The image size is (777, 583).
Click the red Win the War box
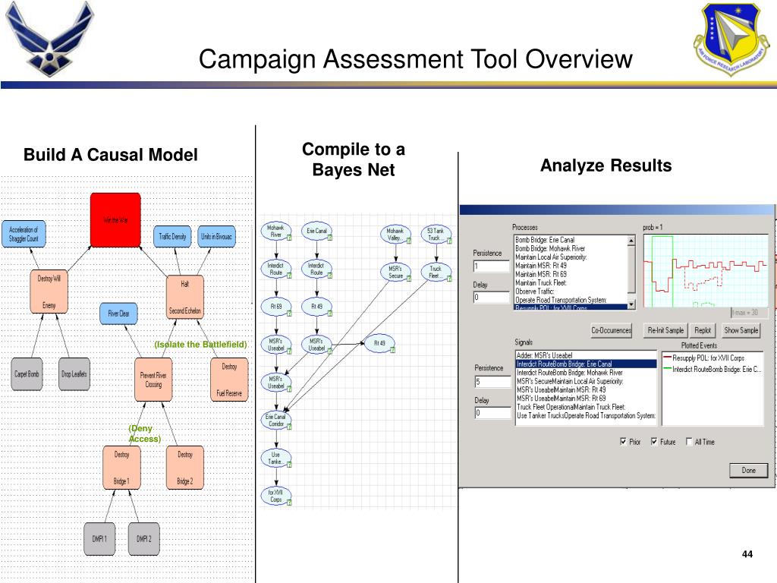point(115,219)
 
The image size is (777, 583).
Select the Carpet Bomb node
point(27,374)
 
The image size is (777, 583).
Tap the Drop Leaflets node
point(74,374)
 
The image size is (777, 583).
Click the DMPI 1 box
point(99,538)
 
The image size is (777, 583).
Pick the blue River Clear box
point(118,313)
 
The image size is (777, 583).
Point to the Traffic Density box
point(173,236)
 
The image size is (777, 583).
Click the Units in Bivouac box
point(217,236)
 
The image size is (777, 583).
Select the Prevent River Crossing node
point(153,380)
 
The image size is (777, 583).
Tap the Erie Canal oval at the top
point(317,231)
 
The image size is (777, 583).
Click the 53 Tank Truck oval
point(436,234)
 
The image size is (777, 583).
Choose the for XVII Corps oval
point(275,496)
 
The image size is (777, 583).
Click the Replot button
point(703,331)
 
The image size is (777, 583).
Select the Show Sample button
point(741,331)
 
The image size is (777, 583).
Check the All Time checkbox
point(689,442)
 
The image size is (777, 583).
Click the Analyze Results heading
point(606,165)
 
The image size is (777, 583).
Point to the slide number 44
point(747,553)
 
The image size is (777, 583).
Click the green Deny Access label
point(144,433)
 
